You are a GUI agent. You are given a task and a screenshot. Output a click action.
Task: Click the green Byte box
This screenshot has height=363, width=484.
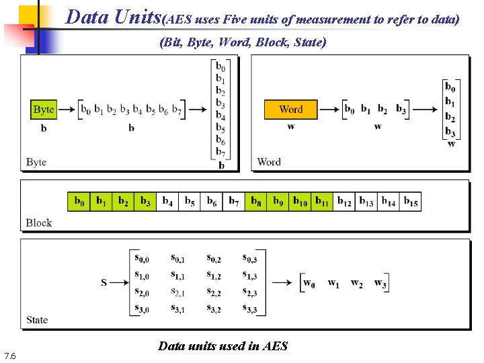(44, 109)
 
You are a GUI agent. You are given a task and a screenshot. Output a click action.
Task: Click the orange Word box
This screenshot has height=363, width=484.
(290, 109)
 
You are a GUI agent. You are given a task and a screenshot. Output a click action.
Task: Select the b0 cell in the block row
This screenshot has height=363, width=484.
(79, 201)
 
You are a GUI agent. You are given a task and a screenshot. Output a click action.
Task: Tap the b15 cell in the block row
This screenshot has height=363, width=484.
(410, 201)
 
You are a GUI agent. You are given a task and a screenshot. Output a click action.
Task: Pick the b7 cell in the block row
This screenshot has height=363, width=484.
(233, 201)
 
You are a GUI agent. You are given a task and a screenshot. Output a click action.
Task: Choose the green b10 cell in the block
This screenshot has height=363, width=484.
(300, 201)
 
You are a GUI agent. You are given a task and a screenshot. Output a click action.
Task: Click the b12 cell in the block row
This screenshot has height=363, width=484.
(344, 201)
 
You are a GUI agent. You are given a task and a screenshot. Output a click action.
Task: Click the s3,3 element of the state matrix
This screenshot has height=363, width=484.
(249, 309)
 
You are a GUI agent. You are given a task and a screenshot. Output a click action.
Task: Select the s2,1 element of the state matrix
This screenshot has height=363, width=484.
(178, 292)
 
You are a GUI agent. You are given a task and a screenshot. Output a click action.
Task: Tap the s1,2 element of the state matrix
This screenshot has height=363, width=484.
(214, 276)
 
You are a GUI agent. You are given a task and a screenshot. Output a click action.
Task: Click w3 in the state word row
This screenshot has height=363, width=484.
(380, 283)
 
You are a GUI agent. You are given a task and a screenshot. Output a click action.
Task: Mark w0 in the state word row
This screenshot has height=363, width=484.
(309, 283)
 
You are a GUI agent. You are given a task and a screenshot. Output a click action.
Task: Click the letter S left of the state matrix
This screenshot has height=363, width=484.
(104, 283)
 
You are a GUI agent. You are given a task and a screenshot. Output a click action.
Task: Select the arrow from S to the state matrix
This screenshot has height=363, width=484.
(120, 283)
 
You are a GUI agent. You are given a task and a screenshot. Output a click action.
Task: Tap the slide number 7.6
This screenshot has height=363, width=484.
(10, 356)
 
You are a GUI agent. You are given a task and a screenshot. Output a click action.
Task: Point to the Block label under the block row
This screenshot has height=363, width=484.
(38, 223)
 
